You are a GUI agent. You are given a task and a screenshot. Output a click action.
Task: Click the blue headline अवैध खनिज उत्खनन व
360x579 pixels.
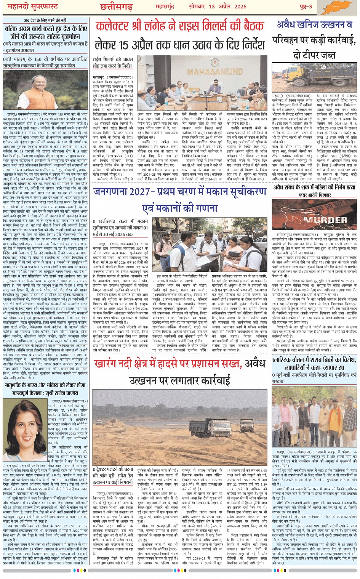(x=315, y=25)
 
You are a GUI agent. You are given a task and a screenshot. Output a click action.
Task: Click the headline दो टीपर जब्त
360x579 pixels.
(x=315, y=55)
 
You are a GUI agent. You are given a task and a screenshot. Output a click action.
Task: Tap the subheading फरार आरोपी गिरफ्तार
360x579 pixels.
(x=315, y=195)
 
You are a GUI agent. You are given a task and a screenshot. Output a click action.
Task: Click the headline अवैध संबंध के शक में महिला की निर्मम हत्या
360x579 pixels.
(x=315, y=187)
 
